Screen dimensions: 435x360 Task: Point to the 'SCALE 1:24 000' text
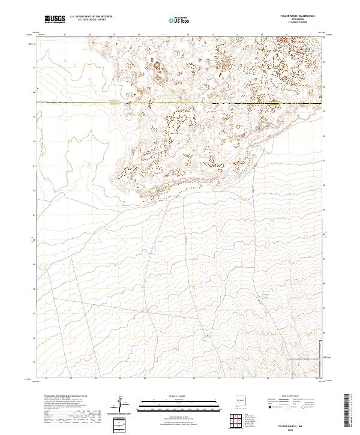coord(176,395)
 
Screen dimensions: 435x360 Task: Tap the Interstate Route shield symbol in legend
coord(268,407)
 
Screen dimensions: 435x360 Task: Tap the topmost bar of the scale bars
coord(176,399)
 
